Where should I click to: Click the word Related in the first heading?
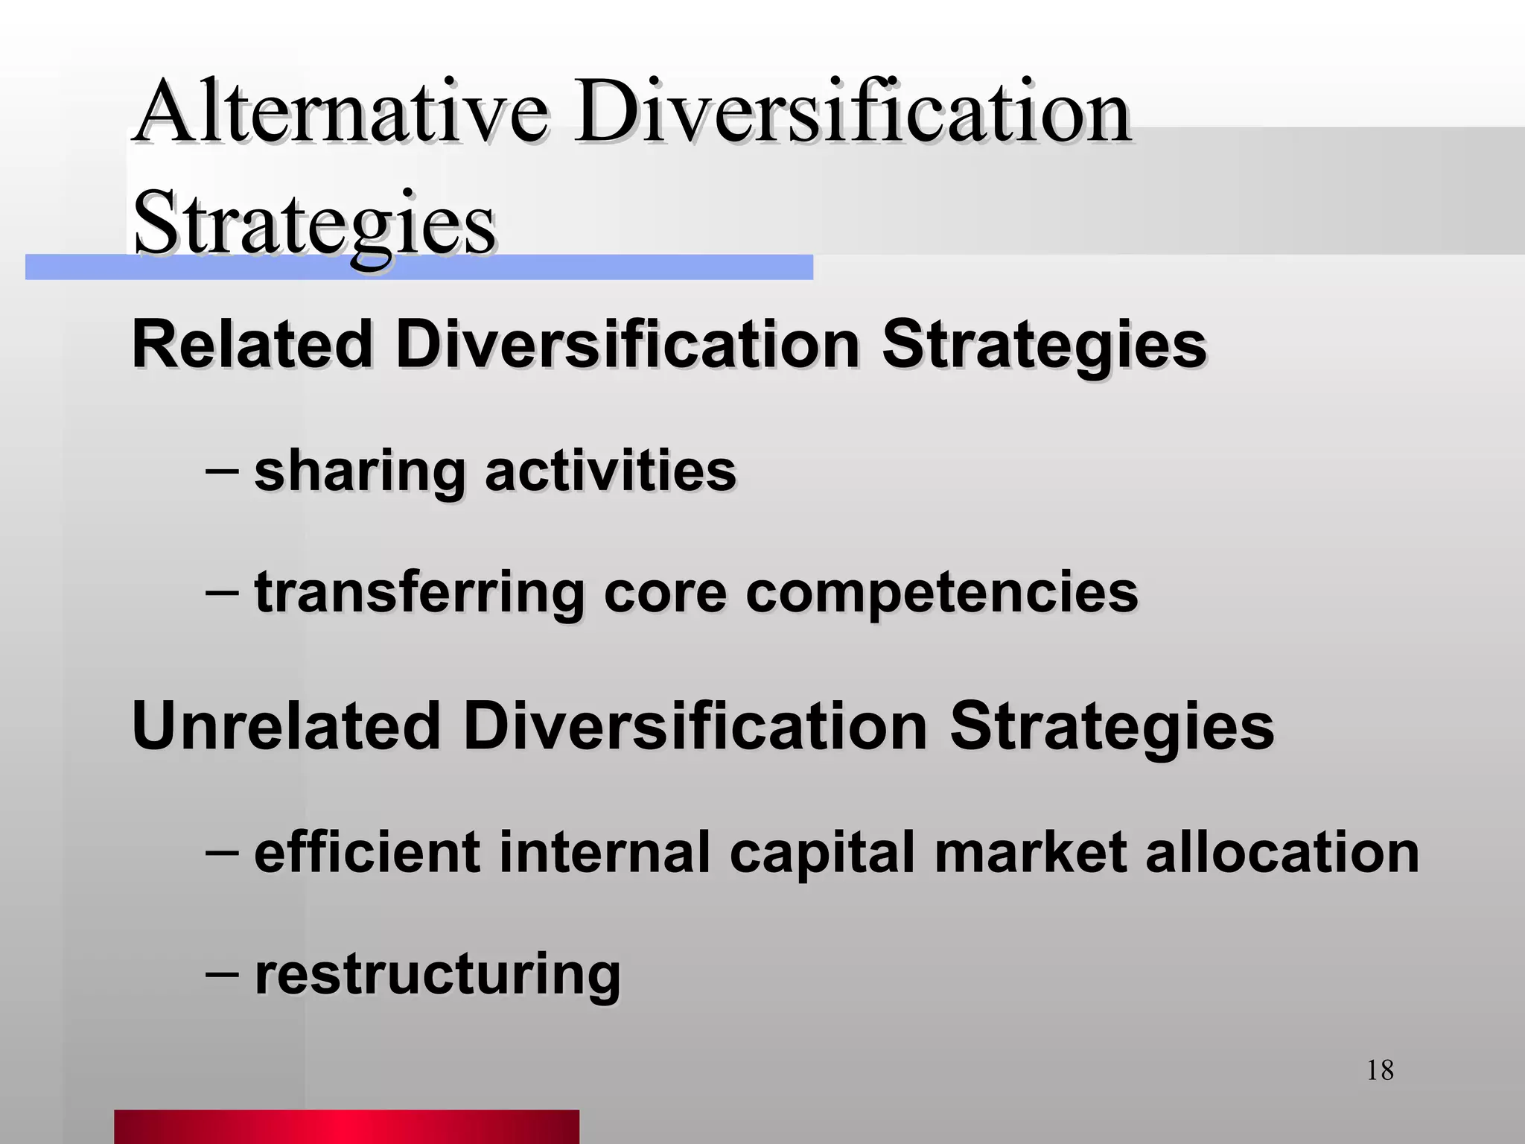pyautogui.click(x=252, y=344)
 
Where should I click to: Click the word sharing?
pyautogui.click(x=360, y=472)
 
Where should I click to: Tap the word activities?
pyautogui.click(x=611, y=471)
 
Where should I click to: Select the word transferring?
pyautogui.click(x=419, y=593)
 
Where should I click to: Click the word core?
pyautogui.click(x=665, y=593)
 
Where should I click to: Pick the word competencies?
pyautogui.click(x=942, y=593)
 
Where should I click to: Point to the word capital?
pyautogui.click(x=821, y=854)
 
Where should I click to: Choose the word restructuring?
pyautogui.click(x=437, y=974)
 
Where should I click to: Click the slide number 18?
pyautogui.click(x=1380, y=1070)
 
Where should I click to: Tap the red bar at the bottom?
pyautogui.click(x=346, y=1126)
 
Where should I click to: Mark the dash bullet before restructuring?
pyautogui.click(x=222, y=973)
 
